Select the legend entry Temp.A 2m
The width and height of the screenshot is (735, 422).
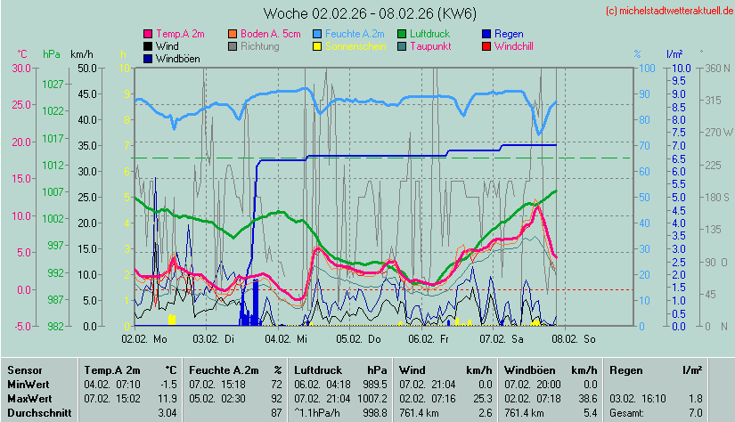point(179,34)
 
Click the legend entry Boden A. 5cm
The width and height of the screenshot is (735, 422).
point(271,34)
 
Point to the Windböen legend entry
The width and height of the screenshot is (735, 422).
point(177,59)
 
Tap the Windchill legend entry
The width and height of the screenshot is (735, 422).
point(513,46)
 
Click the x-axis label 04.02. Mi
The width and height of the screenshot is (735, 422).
point(290,339)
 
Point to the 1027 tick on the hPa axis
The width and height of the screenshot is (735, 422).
point(53,84)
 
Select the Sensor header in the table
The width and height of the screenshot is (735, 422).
point(23,369)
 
